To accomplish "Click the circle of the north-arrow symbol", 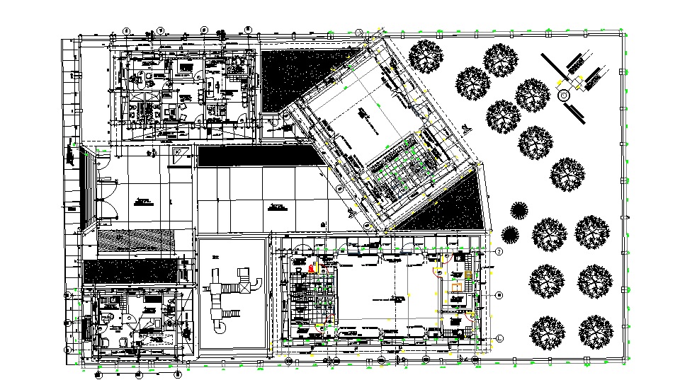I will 565,95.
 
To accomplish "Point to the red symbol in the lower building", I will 311,268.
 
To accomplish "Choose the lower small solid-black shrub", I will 509,234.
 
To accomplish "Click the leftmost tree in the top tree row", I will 425,55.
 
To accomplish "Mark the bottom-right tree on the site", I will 595,332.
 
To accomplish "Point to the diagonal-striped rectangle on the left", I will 135,241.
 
